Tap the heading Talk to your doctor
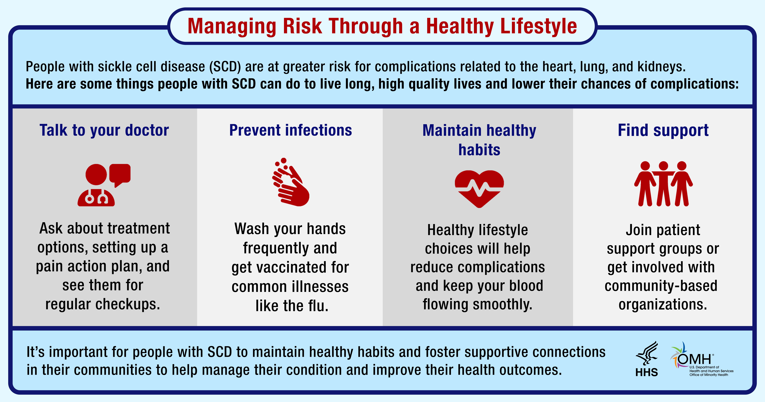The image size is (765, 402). click(x=104, y=131)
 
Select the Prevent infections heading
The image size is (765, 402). click(x=291, y=131)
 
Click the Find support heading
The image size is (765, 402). click(x=663, y=131)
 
